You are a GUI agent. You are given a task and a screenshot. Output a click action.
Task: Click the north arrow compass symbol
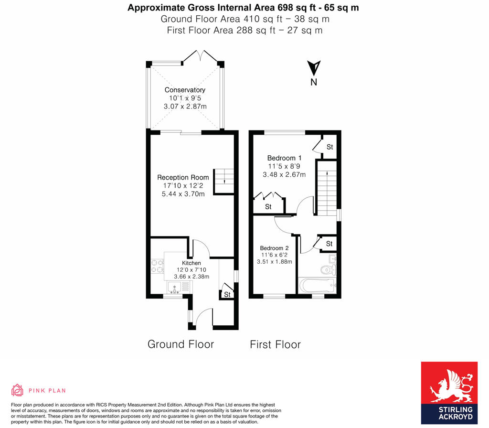[x=314, y=69]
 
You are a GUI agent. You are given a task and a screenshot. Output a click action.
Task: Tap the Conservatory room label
[x=185, y=90]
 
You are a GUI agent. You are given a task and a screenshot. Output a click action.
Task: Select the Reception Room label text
[x=183, y=177]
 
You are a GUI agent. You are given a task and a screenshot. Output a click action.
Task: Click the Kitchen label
[x=191, y=263]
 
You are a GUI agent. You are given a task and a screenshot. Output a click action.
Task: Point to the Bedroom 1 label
[x=284, y=158]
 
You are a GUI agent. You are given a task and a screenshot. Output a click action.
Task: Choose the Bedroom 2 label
[x=274, y=248]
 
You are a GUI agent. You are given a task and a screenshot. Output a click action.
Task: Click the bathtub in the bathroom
[x=317, y=286]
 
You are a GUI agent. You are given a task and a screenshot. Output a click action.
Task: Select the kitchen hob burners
[x=157, y=266]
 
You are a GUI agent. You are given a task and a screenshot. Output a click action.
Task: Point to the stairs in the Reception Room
[x=223, y=181]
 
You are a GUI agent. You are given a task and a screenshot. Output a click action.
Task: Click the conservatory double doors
[x=201, y=56]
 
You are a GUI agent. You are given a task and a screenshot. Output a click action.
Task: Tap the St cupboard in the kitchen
[x=227, y=294]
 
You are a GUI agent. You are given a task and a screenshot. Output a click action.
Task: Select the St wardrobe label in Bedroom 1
[x=268, y=206]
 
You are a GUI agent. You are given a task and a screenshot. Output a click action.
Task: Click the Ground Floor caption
[x=181, y=344]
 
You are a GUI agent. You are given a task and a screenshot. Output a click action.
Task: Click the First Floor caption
[x=275, y=344]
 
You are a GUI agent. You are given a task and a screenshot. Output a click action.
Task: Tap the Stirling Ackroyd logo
[x=449, y=393]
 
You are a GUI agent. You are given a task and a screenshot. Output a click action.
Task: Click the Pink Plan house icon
[x=17, y=390]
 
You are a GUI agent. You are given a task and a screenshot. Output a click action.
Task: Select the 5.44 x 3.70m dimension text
[x=183, y=194]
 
